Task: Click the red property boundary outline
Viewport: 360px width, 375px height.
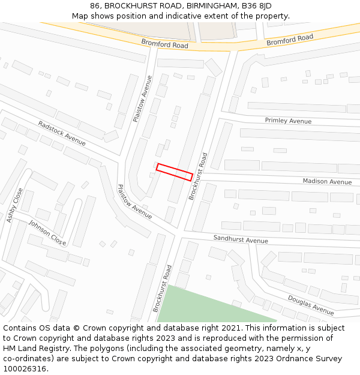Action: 174,172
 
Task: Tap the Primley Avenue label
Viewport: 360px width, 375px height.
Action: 288,121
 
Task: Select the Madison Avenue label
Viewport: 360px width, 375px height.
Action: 327,181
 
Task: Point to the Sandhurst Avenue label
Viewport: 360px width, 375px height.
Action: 241,239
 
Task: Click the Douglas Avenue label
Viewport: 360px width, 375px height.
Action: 310,305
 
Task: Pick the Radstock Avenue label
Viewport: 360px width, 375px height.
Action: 62,133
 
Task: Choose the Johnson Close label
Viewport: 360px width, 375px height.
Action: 47,232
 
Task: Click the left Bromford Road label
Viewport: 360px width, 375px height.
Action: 164,44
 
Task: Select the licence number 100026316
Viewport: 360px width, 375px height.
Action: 25,369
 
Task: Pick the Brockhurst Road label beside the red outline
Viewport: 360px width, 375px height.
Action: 198,176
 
